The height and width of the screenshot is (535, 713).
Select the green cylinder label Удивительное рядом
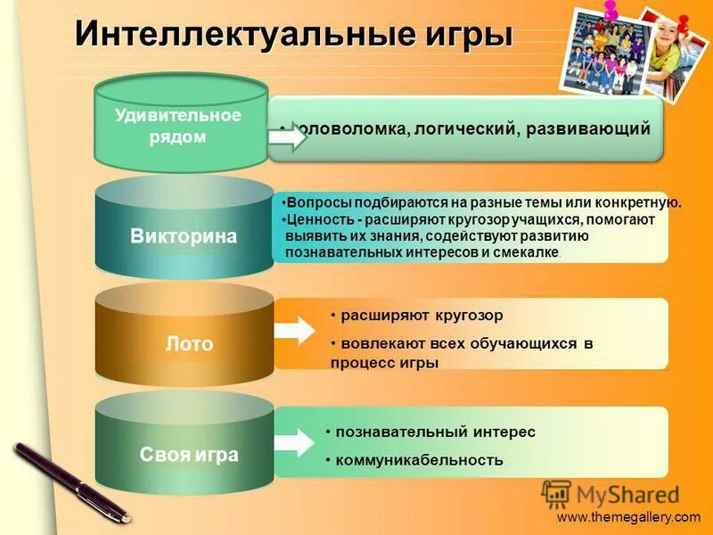point(178,126)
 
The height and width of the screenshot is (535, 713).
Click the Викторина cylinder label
point(184,236)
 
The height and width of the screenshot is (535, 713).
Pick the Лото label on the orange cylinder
point(189,343)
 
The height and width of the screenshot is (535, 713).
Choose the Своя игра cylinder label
point(189,454)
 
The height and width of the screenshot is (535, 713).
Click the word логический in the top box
point(464,129)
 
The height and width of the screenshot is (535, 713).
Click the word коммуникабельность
point(419,460)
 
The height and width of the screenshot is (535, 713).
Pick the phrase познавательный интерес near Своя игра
point(437,432)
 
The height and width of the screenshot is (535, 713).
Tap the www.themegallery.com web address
point(628,517)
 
